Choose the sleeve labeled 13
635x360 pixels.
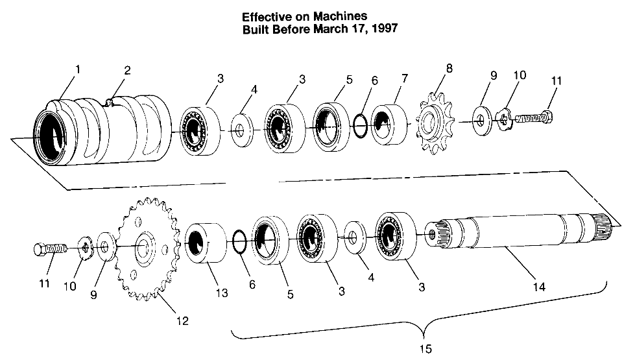pos(206,245)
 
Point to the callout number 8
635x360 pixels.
pos(449,67)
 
